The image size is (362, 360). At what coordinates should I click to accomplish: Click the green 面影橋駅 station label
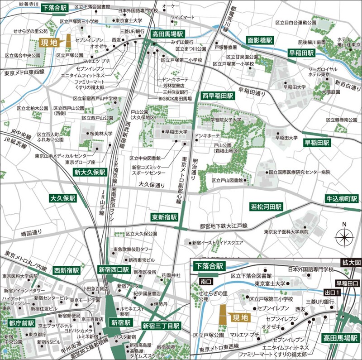259,40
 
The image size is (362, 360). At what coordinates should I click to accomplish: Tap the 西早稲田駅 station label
218,96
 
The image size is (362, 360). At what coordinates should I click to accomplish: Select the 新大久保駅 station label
90,173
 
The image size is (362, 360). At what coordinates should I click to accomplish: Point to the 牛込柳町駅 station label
342,199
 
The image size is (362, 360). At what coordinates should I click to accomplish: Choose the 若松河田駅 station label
267,206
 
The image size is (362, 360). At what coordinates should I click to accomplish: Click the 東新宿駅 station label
164,217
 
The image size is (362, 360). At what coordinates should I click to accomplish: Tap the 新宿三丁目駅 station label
161,326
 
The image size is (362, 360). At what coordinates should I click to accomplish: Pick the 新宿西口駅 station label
114,269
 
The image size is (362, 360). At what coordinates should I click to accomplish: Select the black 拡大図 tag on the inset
352,263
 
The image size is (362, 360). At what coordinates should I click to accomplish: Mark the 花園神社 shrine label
171,275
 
